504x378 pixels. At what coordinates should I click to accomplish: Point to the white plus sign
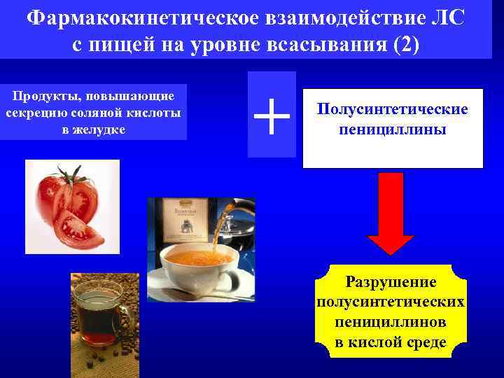(x=272, y=115)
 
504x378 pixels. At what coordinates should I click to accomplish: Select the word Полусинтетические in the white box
(x=393, y=110)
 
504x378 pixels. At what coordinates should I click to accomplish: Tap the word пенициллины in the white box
(x=393, y=129)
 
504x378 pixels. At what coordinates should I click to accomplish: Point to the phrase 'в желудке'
(x=94, y=129)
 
